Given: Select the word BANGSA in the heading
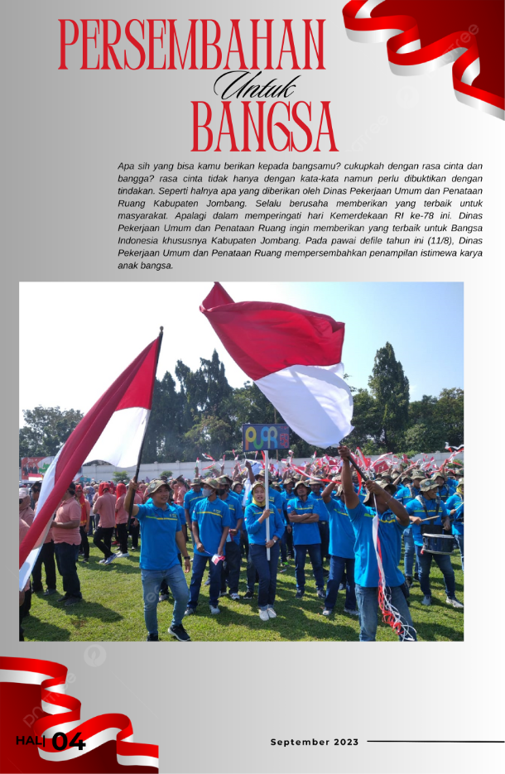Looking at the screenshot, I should tap(264, 127).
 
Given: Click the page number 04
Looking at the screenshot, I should tap(69, 741).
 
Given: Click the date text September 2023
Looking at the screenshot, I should tap(315, 742).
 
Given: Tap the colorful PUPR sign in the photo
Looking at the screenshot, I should tap(266, 437).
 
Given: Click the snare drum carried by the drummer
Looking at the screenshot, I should tap(438, 543).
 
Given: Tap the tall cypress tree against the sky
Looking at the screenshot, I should tap(388, 389).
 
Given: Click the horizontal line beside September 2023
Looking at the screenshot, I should tap(435, 742).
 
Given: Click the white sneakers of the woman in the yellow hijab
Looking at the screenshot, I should tap(267, 613).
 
